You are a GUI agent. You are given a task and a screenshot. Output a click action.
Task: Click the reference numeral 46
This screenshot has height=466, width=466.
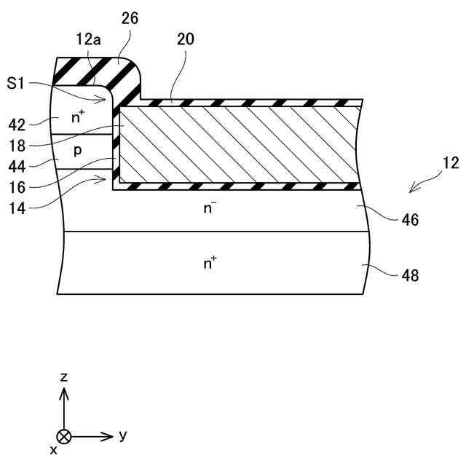point(409,218)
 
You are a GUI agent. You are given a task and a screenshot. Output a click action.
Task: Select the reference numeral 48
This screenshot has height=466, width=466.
point(409,275)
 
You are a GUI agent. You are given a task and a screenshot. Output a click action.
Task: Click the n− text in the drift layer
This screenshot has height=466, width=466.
point(210,209)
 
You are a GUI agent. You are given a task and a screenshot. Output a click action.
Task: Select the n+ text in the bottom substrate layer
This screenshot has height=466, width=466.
point(210,263)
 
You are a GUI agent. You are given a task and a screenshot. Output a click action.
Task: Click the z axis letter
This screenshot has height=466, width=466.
point(64,376)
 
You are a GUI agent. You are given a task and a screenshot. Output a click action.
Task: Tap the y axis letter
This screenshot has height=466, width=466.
point(122,435)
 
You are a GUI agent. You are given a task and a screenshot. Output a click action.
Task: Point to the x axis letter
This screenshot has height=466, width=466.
point(54,450)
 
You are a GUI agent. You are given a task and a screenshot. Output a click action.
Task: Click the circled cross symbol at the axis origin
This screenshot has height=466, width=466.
point(65,436)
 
